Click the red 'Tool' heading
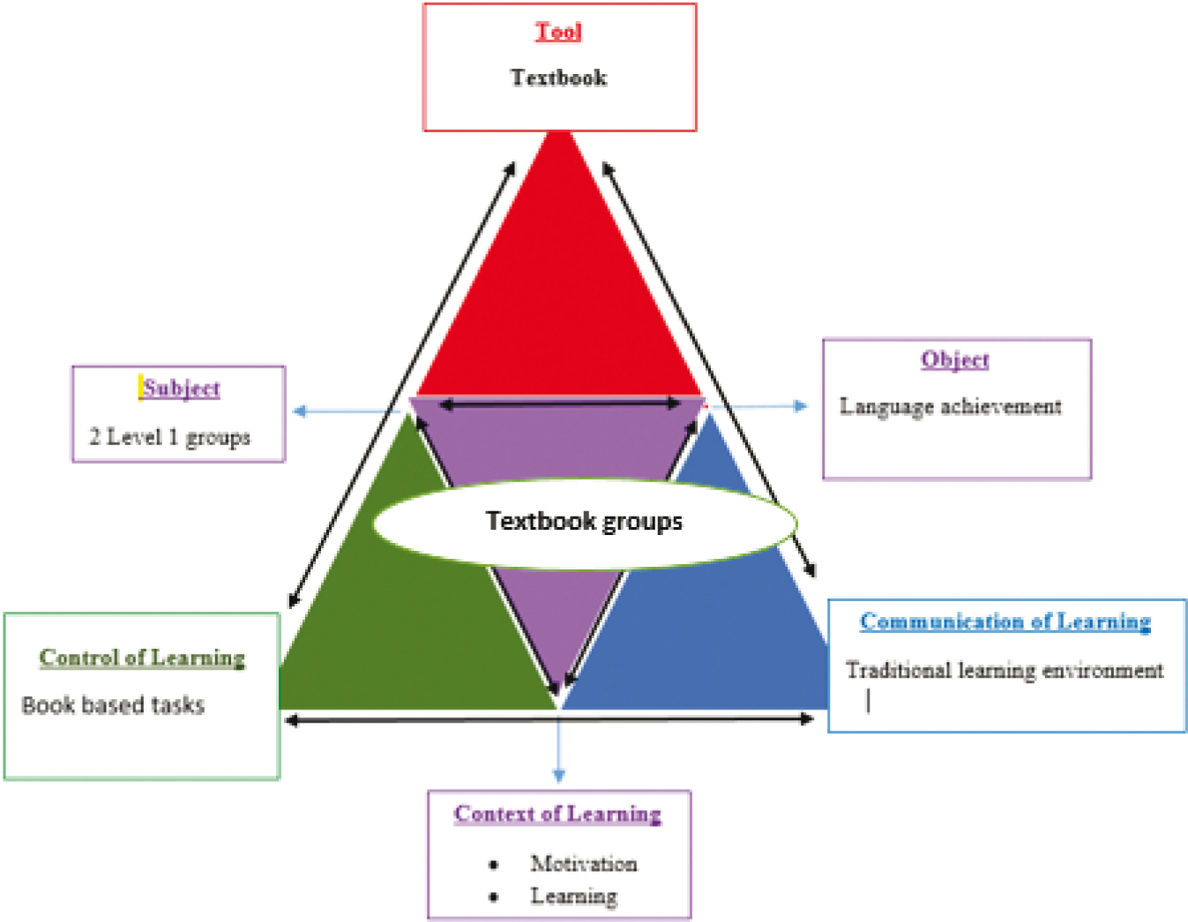point(558,32)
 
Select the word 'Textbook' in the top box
point(558,78)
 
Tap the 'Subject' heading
point(181,388)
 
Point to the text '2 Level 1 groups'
point(169,436)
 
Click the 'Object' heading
point(955,360)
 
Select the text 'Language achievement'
point(950,406)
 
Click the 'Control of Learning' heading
point(142,658)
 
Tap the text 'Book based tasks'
point(113,705)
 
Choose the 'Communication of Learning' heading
point(1005,621)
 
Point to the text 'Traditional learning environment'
point(1005,670)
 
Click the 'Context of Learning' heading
point(557,814)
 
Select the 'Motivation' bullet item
point(583,864)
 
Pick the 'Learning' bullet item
point(573,896)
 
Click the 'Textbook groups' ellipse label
point(584,522)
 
